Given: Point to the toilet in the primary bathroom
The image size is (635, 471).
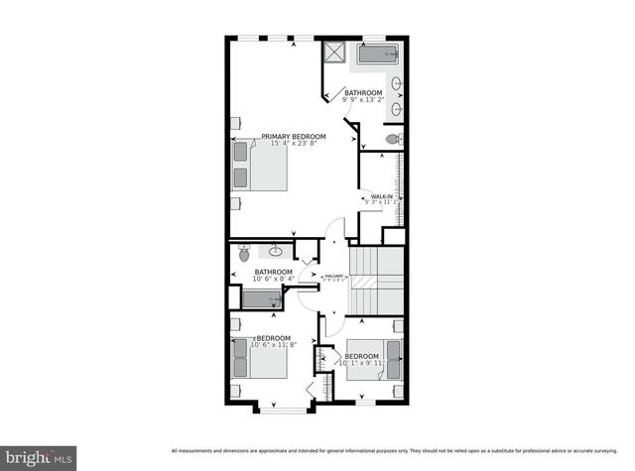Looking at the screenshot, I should pos(393,138).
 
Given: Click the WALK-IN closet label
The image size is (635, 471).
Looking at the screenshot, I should pos(381,197).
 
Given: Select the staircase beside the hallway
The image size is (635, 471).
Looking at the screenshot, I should pos(378,282).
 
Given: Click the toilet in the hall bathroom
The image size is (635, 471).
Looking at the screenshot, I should pos(244,255).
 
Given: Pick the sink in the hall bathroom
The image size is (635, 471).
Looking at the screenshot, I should pos(277,252).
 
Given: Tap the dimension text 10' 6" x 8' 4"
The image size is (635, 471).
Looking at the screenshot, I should pos(273,280).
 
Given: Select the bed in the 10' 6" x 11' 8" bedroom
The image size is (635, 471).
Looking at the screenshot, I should pos(260,358).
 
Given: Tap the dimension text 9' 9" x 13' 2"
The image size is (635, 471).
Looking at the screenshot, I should pos(363,100).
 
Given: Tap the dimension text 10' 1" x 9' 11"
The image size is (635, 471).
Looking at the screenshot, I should pos(359,363).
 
